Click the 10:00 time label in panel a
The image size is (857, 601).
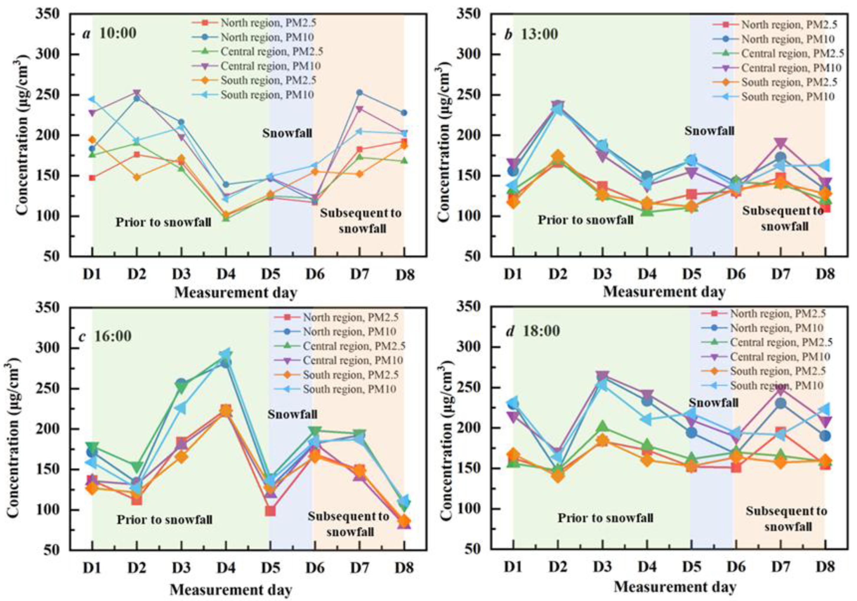click(117, 34)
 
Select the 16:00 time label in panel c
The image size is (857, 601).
click(112, 336)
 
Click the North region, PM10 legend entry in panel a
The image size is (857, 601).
click(267, 37)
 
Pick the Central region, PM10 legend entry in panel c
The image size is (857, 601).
click(353, 360)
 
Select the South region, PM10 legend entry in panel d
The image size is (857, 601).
click(777, 385)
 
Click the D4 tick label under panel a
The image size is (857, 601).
click(226, 275)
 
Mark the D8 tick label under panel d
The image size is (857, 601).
click(825, 567)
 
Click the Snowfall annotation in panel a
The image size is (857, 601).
click(287, 133)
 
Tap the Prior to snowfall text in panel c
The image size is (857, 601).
click(165, 520)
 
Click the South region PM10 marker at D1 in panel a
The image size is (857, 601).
click(92, 99)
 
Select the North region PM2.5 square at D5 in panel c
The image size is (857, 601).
click(270, 511)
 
